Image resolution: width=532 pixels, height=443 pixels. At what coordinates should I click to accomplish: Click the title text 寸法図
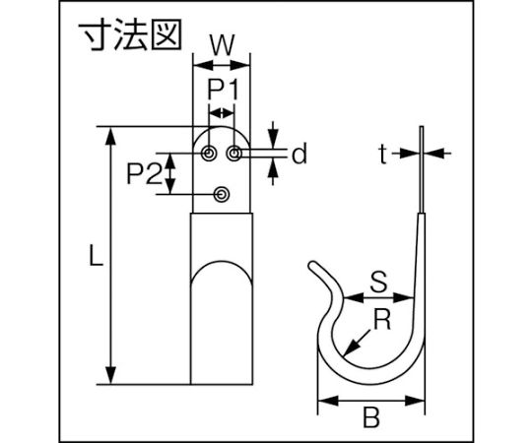pyautogui.click(x=131, y=34)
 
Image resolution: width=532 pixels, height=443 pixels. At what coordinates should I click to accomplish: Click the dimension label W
pyautogui.click(x=222, y=45)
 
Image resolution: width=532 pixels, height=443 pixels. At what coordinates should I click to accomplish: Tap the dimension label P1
pyautogui.click(x=224, y=90)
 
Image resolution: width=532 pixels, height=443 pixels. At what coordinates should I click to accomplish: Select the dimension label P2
pyautogui.click(x=144, y=173)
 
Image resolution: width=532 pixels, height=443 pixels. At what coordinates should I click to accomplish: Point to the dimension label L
pyautogui.click(x=96, y=255)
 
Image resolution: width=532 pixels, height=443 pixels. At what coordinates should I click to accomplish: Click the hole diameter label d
pyautogui.click(x=299, y=154)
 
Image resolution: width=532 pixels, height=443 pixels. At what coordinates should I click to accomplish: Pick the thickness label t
pyautogui.click(x=383, y=154)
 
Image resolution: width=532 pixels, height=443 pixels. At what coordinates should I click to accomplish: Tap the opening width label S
pyautogui.click(x=378, y=282)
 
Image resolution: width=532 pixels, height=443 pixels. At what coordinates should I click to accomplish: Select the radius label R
pyautogui.click(x=382, y=319)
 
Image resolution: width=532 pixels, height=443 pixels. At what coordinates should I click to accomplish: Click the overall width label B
pyautogui.click(x=371, y=417)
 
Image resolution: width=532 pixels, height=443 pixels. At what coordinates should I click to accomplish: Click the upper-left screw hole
pyautogui.click(x=208, y=154)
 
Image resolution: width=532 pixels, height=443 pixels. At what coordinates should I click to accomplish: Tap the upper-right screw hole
pyautogui.click(x=233, y=154)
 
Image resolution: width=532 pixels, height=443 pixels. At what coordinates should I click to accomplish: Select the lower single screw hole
pyautogui.click(x=222, y=195)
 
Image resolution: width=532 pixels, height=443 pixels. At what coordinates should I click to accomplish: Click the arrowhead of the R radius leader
pyautogui.click(x=350, y=348)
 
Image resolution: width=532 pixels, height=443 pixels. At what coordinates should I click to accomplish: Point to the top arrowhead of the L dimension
pyautogui.click(x=110, y=137)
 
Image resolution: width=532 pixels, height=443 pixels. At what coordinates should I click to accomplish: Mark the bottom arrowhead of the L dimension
pyautogui.click(x=110, y=375)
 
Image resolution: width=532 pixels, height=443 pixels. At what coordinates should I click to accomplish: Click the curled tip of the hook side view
pyautogui.click(x=312, y=265)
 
